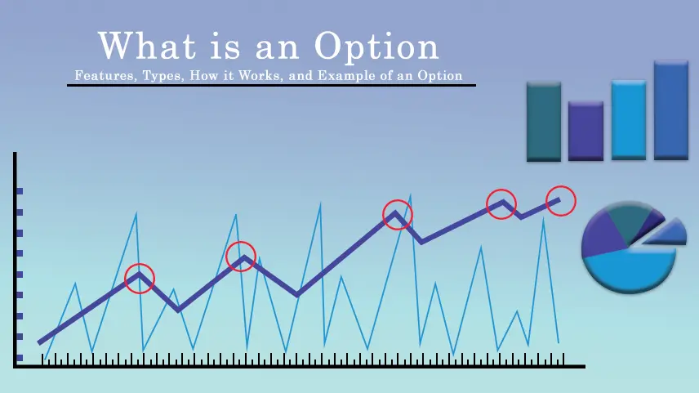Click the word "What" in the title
[x=147, y=45]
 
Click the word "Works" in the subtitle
[x=260, y=75]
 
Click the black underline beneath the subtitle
[x=271, y=85]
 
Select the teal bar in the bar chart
[x=544, y=122]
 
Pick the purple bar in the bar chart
[x=585, y=132]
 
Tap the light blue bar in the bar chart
[x=629, y=119]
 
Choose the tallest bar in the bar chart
[x=671, y=109]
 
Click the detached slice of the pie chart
[x=667, y=233]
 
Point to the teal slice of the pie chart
[x=629, y=220]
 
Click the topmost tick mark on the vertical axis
[x=19, y=191]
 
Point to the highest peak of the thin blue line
[x=410, y=194]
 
